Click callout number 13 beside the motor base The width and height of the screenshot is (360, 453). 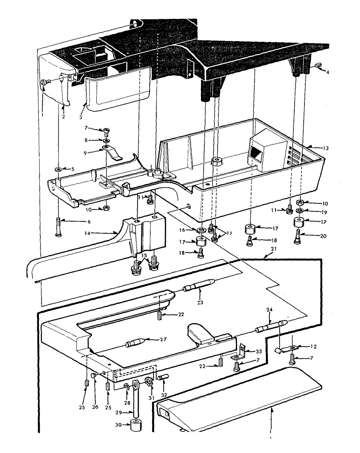(326, 148)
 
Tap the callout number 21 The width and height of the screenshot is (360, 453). (274, 250)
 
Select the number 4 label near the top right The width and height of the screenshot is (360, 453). (328, 72)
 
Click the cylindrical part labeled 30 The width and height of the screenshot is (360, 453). (137, 425)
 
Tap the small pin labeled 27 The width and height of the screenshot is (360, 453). (134, 344)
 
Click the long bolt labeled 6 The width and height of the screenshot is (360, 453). (59, 226)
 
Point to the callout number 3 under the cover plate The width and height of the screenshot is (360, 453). (80, 117)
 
